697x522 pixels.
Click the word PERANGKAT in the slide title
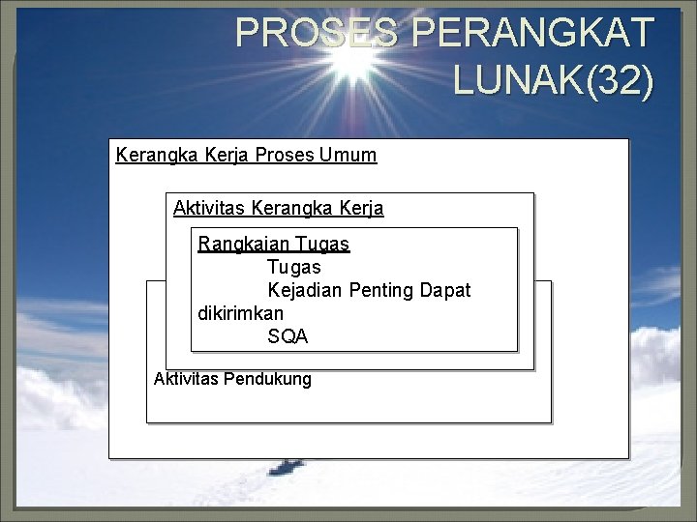pyautogui.click(x=532, y=34)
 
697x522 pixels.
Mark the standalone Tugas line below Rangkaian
pyautogui.click(x=294, y=266)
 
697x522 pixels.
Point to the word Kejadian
pyautogui.click(x=302, y=290)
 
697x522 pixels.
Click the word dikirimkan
pyautogui.click(x=241, y=313)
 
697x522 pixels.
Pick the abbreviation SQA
pyautogui.click(x=288, y=336)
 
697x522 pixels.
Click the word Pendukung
pyautogui.click(x=267, y=379)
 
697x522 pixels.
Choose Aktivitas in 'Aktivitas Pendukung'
pyautogui.click(x=186, y=379)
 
